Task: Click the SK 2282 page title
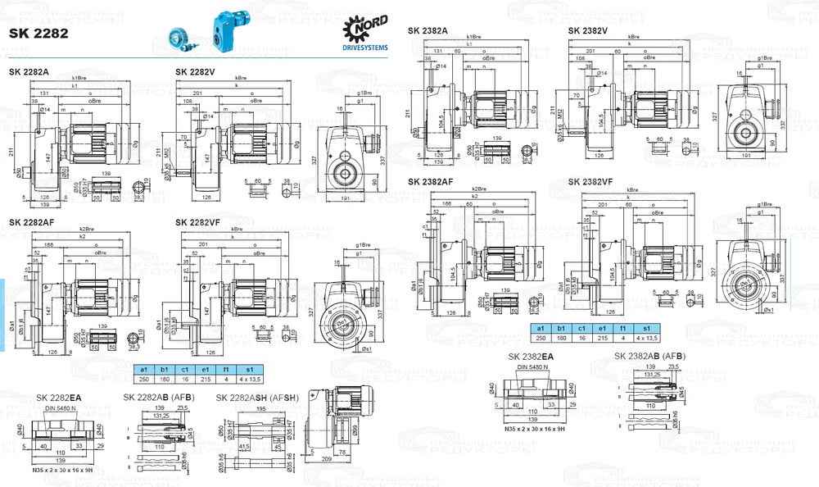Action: pos(38,34)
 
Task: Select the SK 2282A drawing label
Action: pos(29,72)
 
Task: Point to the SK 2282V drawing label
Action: pos(195,72)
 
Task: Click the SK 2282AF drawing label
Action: pos(32,222)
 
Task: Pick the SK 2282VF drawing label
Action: pos(197,222)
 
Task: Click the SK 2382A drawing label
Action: pos(428,30)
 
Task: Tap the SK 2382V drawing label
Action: pos(588,30)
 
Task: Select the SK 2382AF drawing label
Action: pos(431,181)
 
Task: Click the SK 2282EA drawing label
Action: pos(59,397)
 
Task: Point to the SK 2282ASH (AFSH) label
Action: pos(256,397)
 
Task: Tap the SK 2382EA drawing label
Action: pos(531,357)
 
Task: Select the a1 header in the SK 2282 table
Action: pos(143,369)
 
